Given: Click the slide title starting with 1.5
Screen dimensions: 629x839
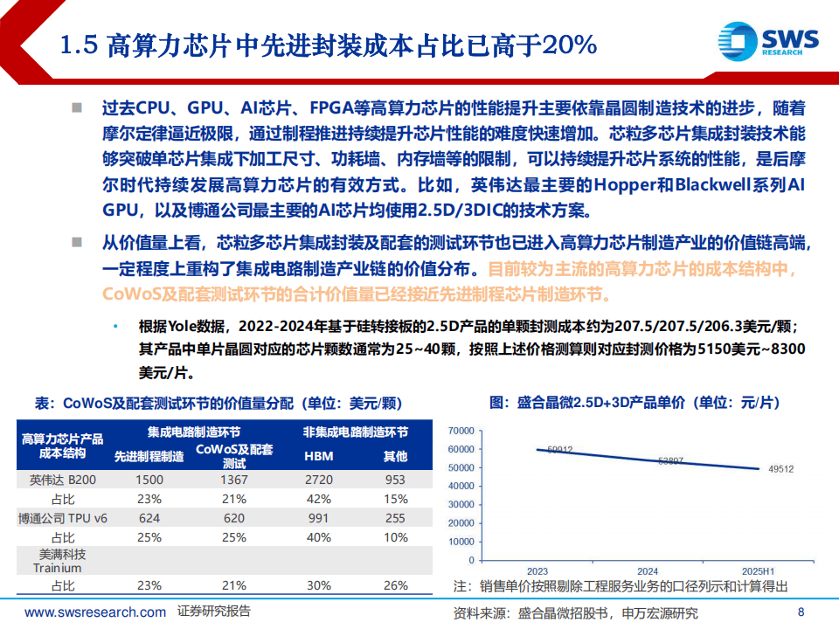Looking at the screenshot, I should (329, 45).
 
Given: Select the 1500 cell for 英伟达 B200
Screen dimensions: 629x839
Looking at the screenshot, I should (149, 480).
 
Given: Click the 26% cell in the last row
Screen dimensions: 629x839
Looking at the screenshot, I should (395, 584).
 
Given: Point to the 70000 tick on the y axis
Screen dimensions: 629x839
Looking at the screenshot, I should (460, 430).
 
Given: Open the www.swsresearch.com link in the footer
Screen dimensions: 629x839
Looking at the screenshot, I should (94, 612).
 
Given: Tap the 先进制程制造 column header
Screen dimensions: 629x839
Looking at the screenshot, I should (149, 456).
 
